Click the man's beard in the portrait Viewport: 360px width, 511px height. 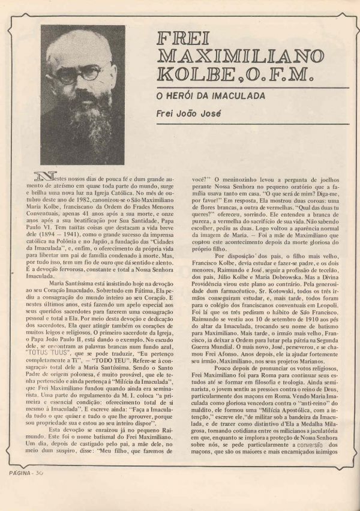coord(84,120)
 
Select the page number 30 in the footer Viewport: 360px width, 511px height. coord(40,489)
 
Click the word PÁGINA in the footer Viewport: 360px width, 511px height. coord(19,489)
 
